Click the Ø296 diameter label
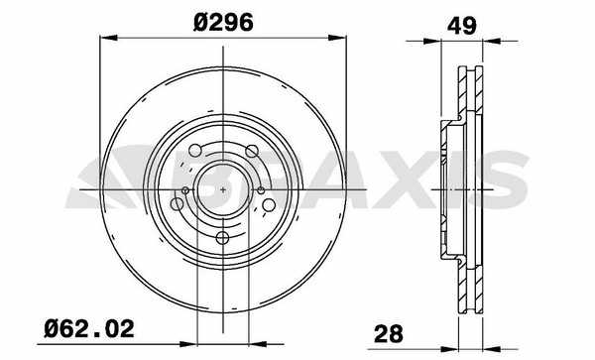point(223,22)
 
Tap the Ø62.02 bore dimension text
point(89,328)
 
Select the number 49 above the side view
point(462,26)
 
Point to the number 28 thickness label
point(389,334)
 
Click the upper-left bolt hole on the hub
point(195,150)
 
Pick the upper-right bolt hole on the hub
point(252,151)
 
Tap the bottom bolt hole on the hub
point(223,238)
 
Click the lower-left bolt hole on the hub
point(178,204)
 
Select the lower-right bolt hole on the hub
point(269,205)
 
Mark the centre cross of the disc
point(223,189)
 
